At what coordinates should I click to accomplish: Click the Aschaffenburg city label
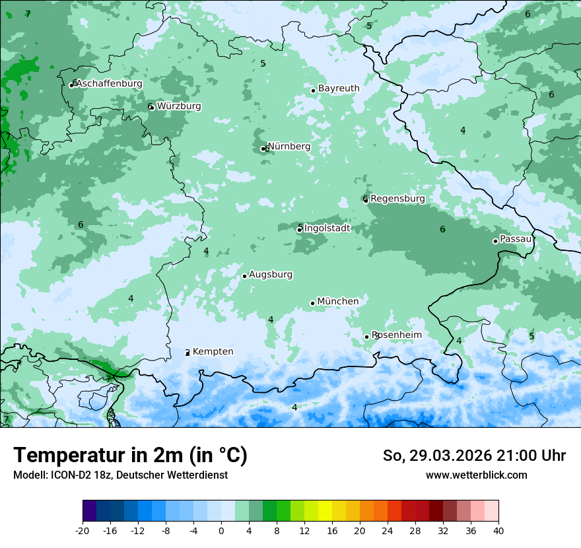(109, 84)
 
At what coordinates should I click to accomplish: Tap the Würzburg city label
(179, 106)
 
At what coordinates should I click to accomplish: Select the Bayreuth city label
(339, 88)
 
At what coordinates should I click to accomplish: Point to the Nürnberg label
(289, 147)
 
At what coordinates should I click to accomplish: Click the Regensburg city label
(397, 199)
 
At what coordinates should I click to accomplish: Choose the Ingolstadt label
(327, 228)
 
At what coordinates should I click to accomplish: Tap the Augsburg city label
(271, 275)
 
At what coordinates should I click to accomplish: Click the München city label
(338, 302)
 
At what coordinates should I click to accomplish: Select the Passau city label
(516, 239)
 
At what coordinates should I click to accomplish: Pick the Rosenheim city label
(397, 335)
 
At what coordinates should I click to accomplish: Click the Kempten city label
(213, 352)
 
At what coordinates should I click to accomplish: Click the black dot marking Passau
(495, 241)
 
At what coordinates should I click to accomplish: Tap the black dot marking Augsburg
(244, 276)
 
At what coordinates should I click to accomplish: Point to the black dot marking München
(312, 303)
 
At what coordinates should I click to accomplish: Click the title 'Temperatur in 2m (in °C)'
(130, 456)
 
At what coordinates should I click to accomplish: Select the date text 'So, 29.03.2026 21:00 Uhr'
(474, 456)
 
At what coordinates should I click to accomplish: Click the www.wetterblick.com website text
(476, 475)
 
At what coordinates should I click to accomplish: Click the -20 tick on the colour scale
(83, 531)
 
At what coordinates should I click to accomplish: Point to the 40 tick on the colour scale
(498, 531)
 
